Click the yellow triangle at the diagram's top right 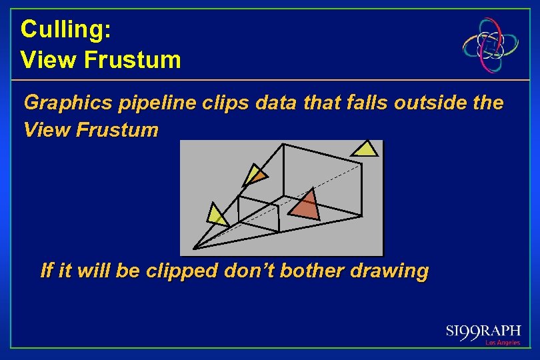[365, 149]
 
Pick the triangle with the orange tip [254, 175]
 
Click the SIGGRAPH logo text [483, 331]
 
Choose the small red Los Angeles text [503, 343]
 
